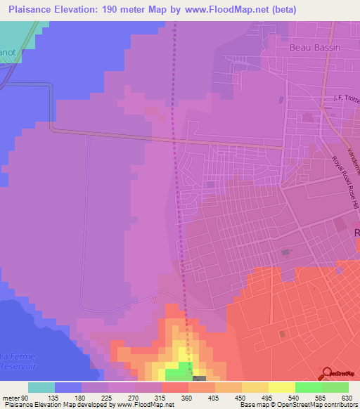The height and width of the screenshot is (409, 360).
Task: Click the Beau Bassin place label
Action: tap(313, 48)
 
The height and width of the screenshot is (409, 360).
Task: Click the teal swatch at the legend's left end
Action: tap(41, 387)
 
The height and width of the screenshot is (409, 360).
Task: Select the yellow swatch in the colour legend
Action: tap(281, 387)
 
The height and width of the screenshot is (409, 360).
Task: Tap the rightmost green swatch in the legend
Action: tap(335, 387)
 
